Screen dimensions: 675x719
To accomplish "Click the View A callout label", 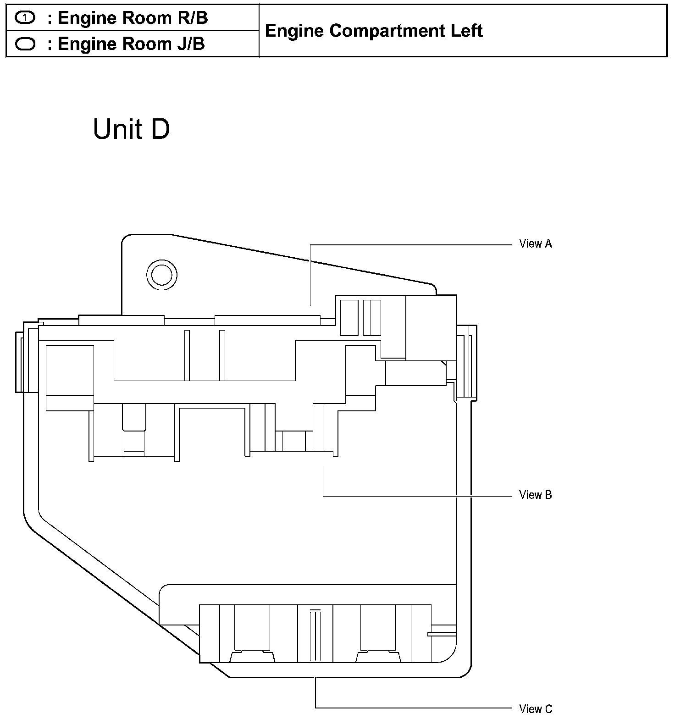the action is (x=535, y=243).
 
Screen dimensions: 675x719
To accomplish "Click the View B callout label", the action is (x=535, y=495).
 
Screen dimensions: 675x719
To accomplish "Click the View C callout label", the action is (x=536, y=708).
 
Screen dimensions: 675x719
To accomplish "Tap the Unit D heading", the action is (x=131, y=129).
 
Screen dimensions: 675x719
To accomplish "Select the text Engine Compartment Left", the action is (x=374, y=31).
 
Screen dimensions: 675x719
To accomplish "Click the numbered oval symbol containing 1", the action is (x=25, y=18).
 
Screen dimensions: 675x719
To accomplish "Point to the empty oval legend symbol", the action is (x=25, y=44).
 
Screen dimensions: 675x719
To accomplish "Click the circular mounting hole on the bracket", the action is (x=162, y=275).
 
